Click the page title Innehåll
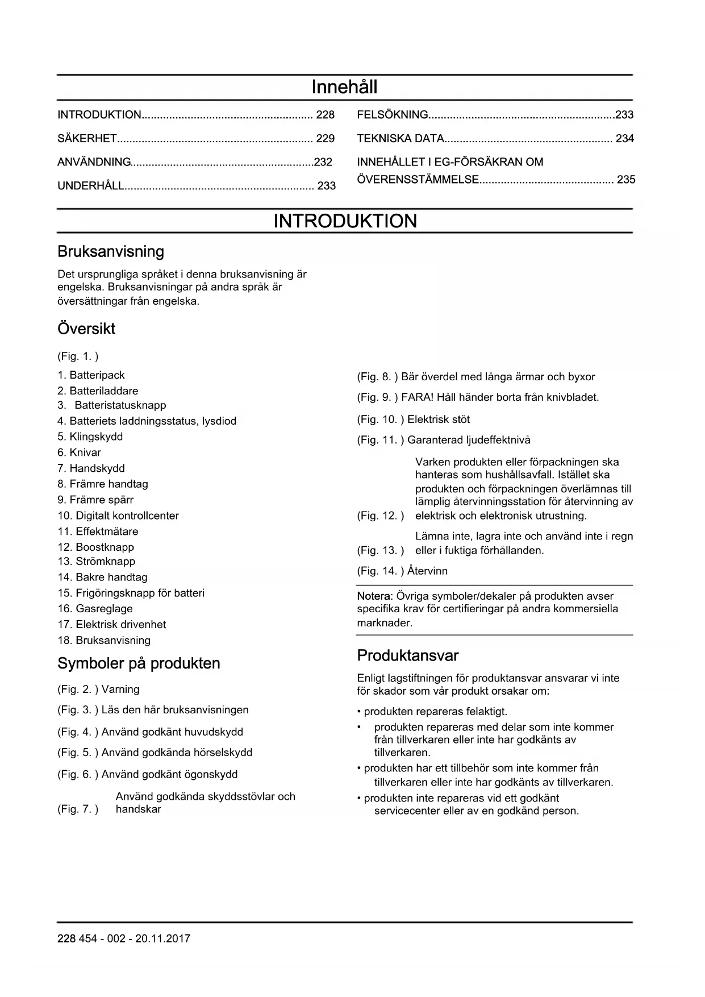(344, 87)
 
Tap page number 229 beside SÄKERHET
(325, 139)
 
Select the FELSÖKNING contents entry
(393, 115)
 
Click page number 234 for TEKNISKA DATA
(624, 139)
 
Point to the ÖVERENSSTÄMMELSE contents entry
(418, 180)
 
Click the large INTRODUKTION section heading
(345, 221)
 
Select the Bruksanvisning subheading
(111, 252)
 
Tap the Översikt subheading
(86, 329)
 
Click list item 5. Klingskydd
(90, 437)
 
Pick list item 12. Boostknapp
(96, 547)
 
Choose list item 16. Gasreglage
(95, 609)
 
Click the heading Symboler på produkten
(139, 663)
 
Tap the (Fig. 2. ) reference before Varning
(78, 689)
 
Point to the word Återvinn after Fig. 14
(427, 571)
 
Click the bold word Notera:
(375, 596)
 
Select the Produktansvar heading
(407, 656)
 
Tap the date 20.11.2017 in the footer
(162, 938)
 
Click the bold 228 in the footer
(66, 938)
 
